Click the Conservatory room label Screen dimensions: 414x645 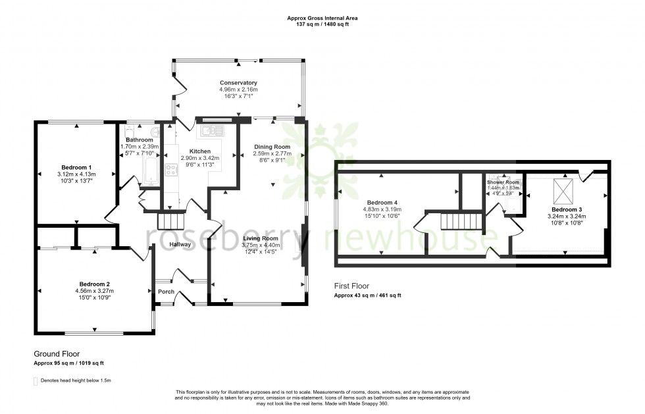[238, 83]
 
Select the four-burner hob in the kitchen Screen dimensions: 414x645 [170, 170]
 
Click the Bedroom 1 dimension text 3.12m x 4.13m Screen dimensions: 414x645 [76, 174]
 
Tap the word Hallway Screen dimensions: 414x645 [180, 245]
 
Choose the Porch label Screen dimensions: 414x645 [165, 291]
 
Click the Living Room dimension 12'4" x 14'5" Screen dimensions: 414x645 [262, 252]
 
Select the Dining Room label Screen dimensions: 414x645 [272, 147]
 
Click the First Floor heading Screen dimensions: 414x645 [352, 286]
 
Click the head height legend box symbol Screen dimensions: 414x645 [36, 380]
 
